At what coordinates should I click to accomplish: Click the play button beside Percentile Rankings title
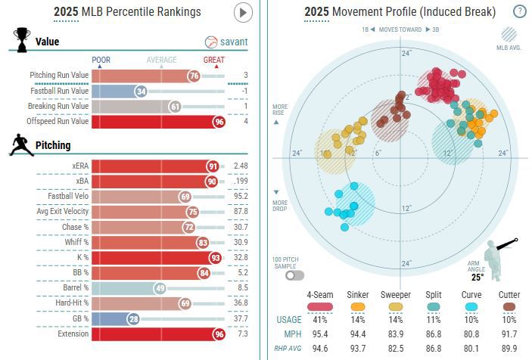tap(243, 12)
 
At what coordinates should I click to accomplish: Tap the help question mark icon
tap(520, 11)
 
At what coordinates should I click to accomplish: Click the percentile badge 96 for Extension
tap(219, 334)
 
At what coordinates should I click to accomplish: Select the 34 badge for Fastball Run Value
tap(141, 91)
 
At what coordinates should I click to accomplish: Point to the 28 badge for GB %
tap(133, 318)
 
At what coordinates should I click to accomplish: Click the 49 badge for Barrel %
tap(160, 287)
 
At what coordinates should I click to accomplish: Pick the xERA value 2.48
tap(241, 166)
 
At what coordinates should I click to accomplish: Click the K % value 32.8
tap(241, 257)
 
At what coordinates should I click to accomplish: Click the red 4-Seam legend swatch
tap(321, 306)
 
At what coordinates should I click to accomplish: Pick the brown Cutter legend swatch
tap(509, 306)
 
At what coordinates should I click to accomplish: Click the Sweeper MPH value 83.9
tap(396, 334)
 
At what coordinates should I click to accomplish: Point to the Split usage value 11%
tap(434, 320)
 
